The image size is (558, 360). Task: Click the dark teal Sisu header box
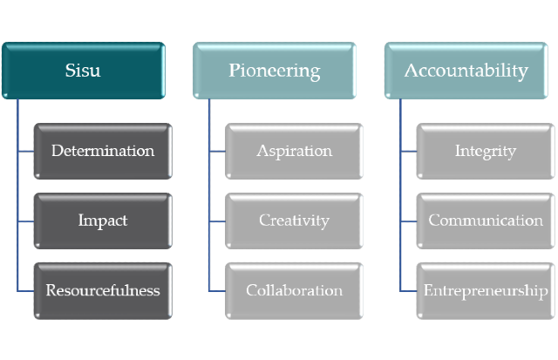[84, 71]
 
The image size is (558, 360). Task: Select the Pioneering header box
[275, 71]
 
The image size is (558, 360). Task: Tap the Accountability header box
[466, 71]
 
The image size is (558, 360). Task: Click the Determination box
[103, 151]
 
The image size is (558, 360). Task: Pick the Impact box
[103, 221]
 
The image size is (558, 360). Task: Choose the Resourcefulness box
[103, 291]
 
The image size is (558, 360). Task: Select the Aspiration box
[295, 151]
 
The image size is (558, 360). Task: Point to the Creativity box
[295, 221]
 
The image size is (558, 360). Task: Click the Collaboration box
[295, 291]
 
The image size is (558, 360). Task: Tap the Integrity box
[486, 151]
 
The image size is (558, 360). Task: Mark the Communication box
[486, 221]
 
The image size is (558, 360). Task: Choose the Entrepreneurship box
[486, 291]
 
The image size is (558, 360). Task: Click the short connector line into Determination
[25, 151]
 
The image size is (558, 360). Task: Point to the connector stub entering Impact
[25, 221]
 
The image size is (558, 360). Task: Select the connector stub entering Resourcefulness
[25, 291]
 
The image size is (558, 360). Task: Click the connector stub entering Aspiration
[217, 151]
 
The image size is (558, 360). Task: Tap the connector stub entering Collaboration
[217, 291]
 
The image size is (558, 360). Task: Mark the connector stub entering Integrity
[408, 151]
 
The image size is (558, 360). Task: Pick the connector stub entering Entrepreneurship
[408, 291]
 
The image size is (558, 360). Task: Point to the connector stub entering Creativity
[217, 221]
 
